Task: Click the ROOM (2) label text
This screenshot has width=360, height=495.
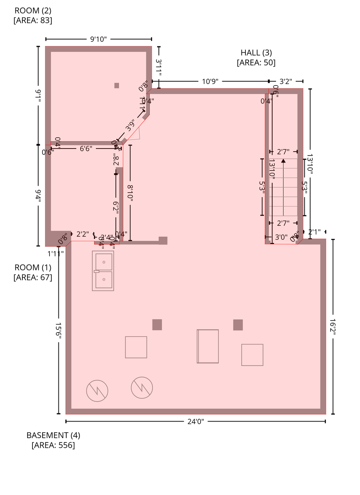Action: (x=33, y=10)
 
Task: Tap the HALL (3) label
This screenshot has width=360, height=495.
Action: (x=256, y=53)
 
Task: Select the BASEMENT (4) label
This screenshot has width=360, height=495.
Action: (x=53, y=435)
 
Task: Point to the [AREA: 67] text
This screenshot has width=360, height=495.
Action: (x=33, y=277)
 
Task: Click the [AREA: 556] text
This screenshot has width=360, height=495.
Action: (x=53, y=445)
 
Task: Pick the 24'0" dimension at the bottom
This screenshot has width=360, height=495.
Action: (x=195, y=422)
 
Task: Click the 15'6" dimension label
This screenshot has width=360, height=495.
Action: (x=58, y=331)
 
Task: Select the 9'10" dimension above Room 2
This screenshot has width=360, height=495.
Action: (x=98, y=39)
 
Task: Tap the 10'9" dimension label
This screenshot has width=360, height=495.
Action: (x=210, y=81)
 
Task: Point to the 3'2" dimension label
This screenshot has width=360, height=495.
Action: (x=286, y=81)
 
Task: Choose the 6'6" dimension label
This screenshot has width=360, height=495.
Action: (x=86, y=148)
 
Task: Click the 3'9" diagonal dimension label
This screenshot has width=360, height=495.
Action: (x=130, y=125)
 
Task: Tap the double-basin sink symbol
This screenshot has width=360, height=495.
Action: (x=103, y=271)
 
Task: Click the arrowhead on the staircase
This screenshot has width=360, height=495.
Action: (x=283, y=160)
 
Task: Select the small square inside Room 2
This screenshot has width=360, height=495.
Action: (x=117, y=85)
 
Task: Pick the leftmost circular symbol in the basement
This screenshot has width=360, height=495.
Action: (x=97, y=391)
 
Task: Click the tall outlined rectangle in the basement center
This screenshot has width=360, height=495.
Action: (x=208, y=346)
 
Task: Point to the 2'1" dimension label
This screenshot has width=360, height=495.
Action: (x=314, y=232)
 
